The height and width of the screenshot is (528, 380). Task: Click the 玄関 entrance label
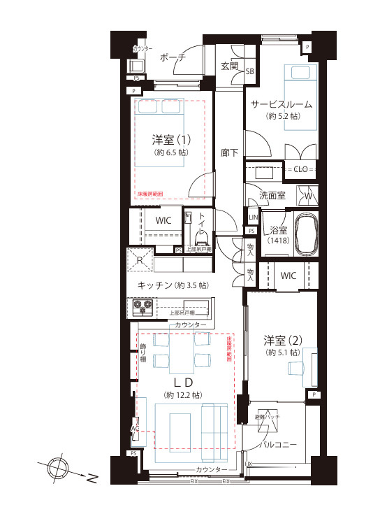pyautogui.click(x=230, y=66)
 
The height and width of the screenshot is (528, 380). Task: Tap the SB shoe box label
pyautogui.click(x=249, y=71)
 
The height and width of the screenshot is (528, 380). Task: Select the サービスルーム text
pyautogui.click(x=281, y=105)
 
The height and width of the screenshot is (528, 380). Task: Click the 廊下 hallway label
pyautogui.click(x=229, y=152)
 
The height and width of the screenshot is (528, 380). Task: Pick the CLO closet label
pyautogui.click(x=300, y=169)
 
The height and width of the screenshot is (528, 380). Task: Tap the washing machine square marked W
pyautogui.click(x=308, y=196)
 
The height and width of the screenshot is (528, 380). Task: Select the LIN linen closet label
pyautogui.click(x=252, y=217)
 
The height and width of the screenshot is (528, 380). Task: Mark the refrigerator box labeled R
pyautogui.click(x=140, y=262)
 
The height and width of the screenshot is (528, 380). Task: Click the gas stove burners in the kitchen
pyautogui.click(x=142, y=307)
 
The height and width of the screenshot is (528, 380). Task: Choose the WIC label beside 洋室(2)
pyautogui.click(x=288, y=276)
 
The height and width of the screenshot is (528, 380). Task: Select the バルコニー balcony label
pyautogui.click(x=279, y=445)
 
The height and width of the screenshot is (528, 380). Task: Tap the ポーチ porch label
pyautogui.click(x=172, y=58)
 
